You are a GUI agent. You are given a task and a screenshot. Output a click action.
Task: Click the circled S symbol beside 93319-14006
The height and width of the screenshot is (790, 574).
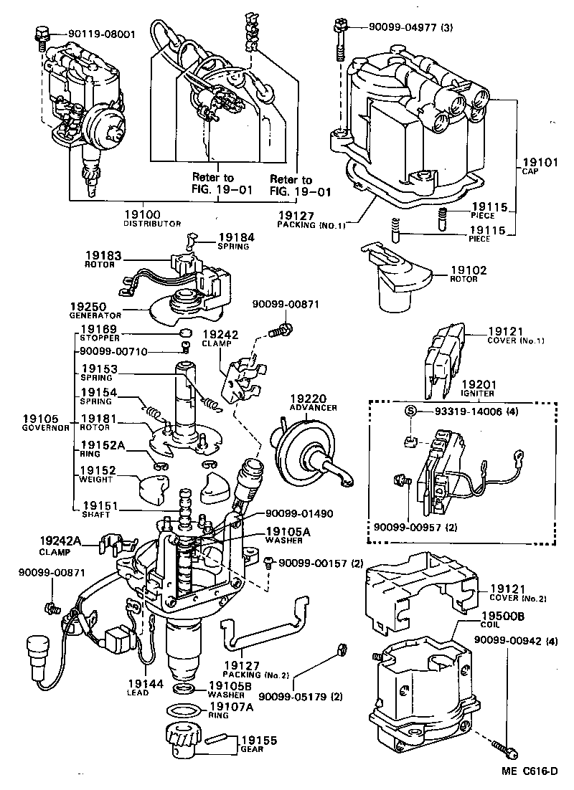(410, 411)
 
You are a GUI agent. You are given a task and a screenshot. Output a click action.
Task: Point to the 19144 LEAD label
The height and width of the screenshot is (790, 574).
(138, 687)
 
